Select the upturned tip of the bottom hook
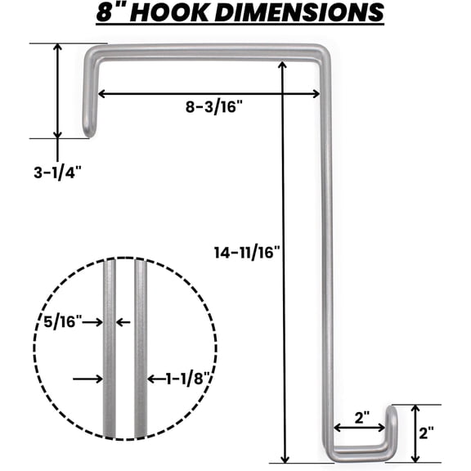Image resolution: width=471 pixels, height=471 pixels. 392,411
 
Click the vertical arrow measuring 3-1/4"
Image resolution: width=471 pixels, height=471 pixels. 57,90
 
